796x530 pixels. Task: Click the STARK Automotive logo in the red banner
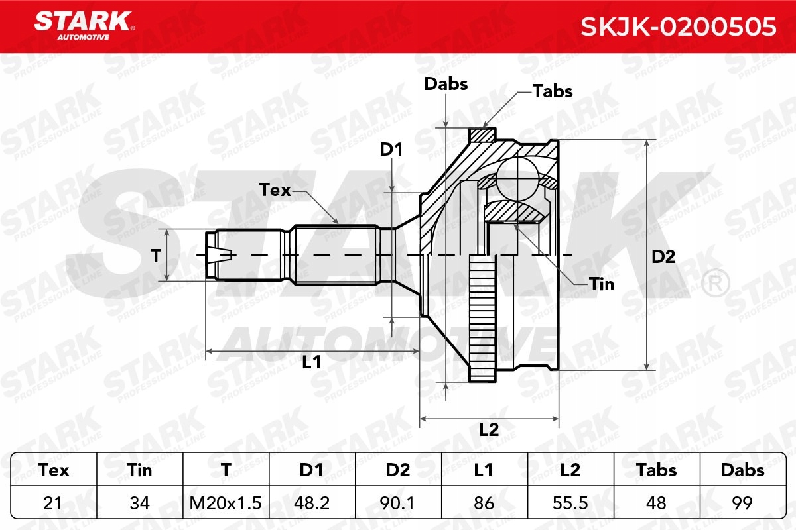tap(84, 26)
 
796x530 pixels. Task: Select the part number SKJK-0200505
tap(679, 26)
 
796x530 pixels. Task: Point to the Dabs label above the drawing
tap(446, 84)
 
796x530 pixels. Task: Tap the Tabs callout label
tap(553, 91)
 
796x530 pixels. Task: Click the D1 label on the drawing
tap(391, 150)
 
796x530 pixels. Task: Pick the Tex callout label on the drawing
tap(275, 190)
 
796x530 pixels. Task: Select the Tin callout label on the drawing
tap(602, 284)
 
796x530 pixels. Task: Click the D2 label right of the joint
tap(663, 256)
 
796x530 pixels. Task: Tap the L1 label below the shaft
tap(311, 362)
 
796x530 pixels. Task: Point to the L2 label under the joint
tap(489, 430)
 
